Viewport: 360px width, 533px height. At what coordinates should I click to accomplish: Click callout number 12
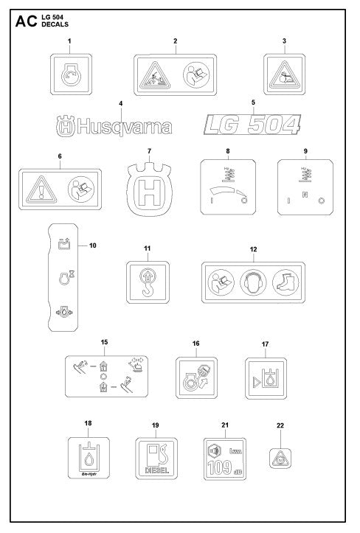point(253,249)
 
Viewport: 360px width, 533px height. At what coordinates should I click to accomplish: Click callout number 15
point(105,342)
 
